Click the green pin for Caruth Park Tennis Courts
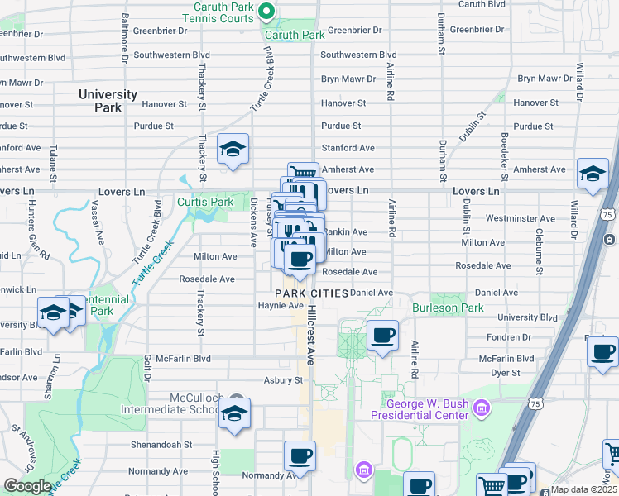[x=266, y=12]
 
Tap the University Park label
[x=108, y=101]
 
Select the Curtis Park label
[x=205, y=202]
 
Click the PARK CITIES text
[x=308, y=294]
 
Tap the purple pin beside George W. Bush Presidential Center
[x=483, y=408]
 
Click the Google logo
[x=27, y=486]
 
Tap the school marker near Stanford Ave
[x=233, y=150]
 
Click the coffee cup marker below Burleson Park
[x=381, y=336]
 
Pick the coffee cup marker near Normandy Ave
[x=300, y=455]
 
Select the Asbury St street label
[x=284, y=380]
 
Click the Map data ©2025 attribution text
[x=584, y=489]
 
